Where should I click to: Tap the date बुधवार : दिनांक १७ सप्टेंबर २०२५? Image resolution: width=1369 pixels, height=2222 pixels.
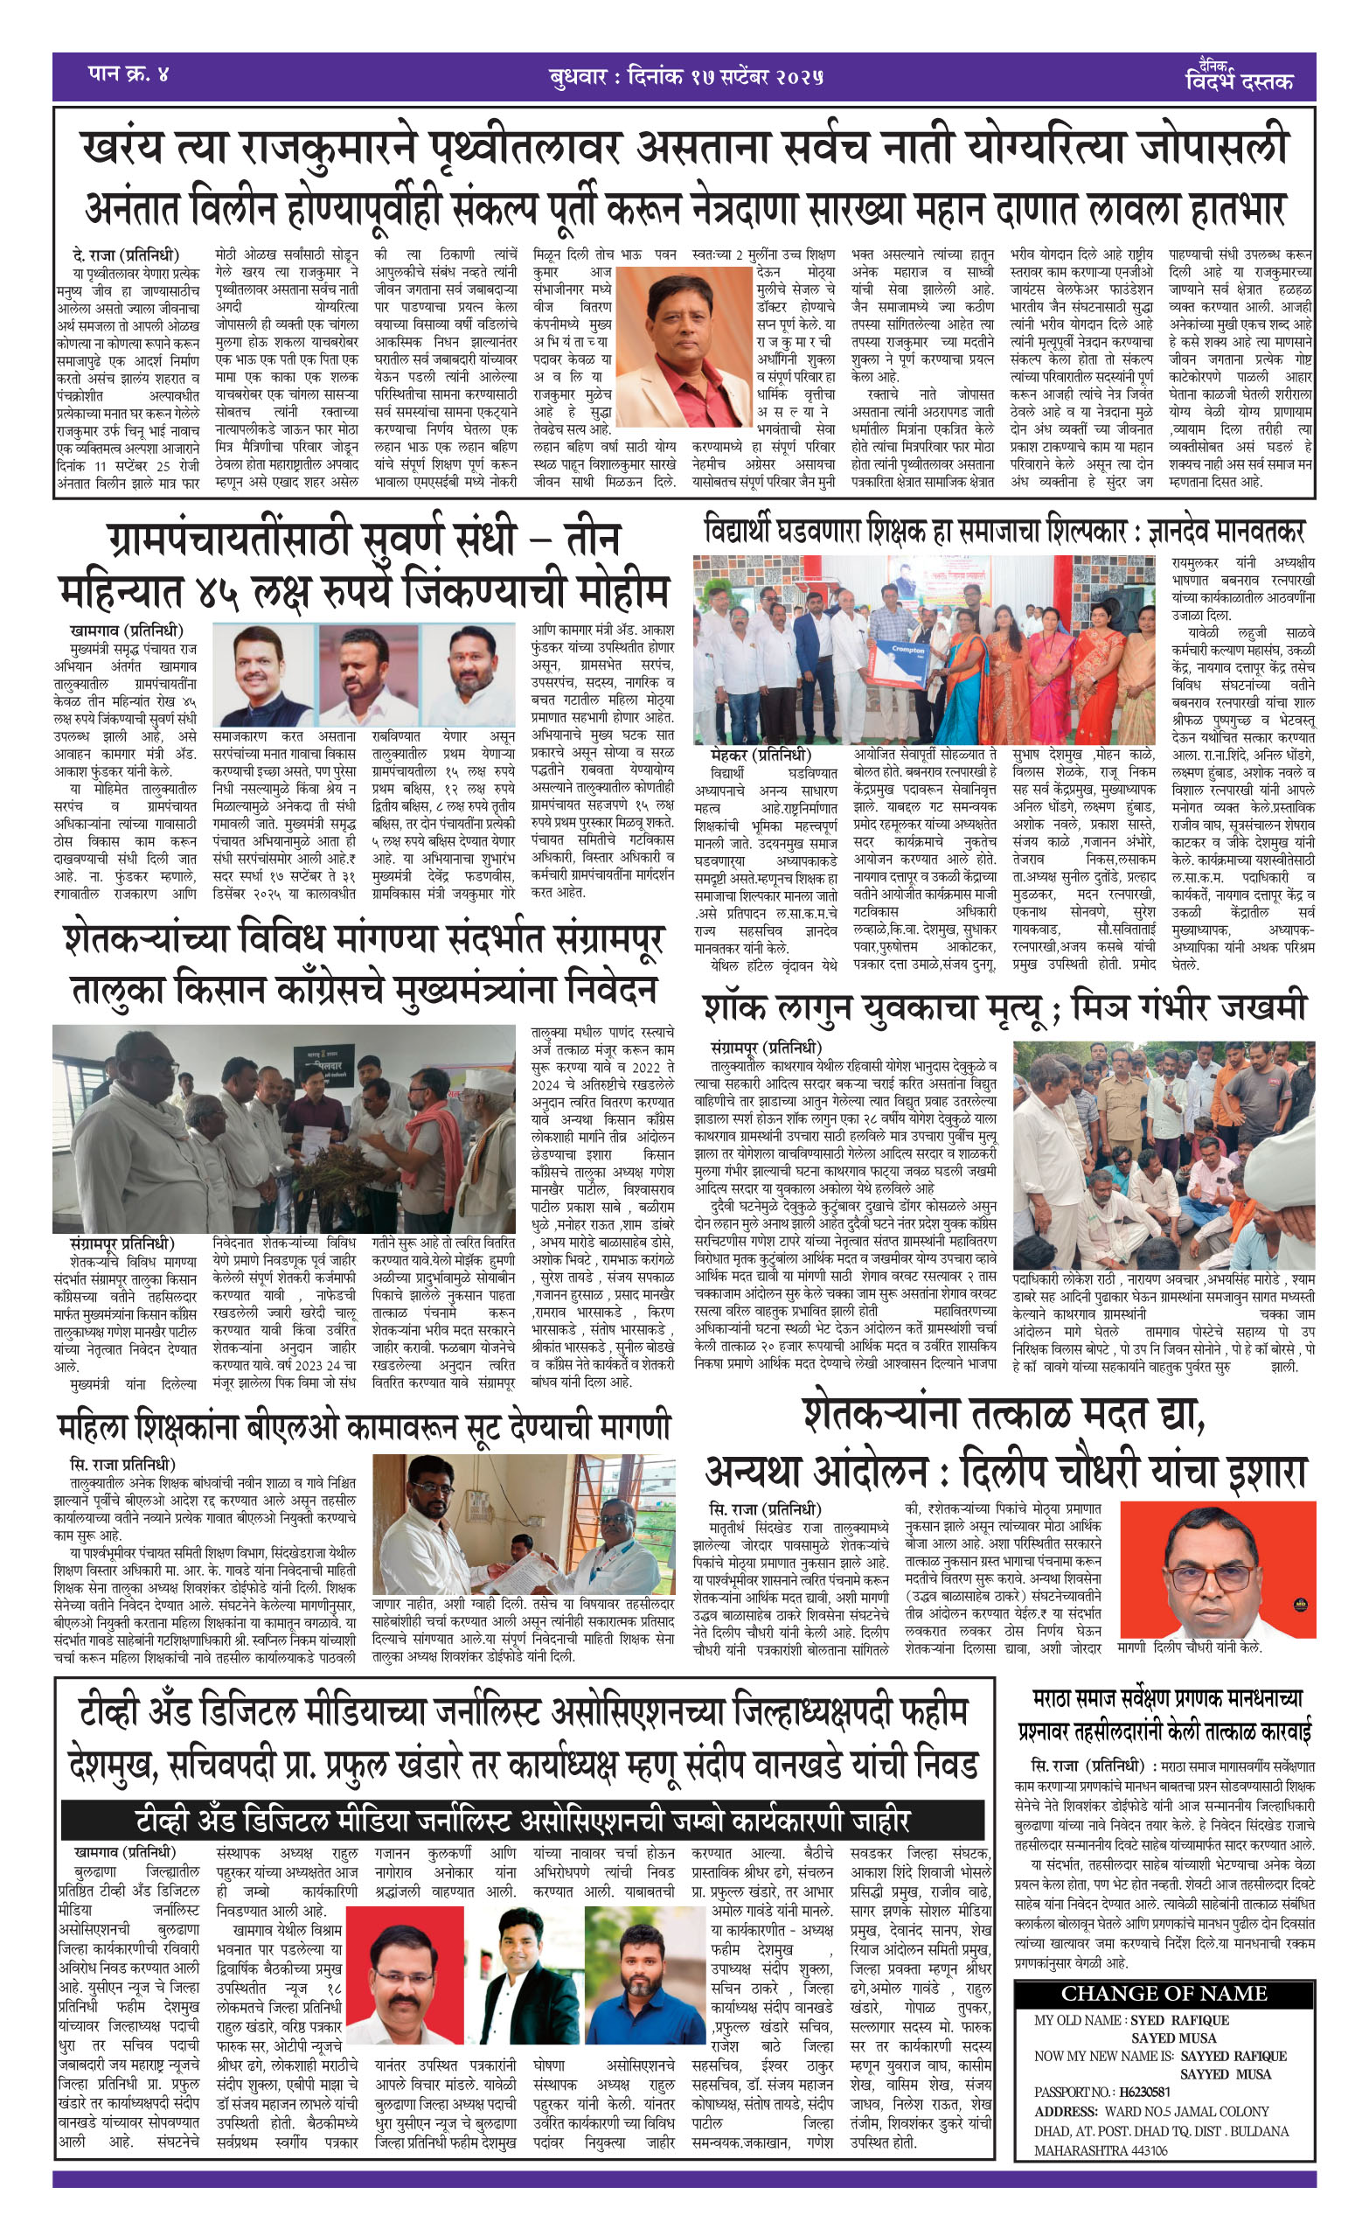click(x=685, y=77)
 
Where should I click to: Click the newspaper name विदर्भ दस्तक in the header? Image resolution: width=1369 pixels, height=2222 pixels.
click(x=1239, y=81)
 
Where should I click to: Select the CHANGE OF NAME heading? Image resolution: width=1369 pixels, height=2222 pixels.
click(x=1164, y=1993)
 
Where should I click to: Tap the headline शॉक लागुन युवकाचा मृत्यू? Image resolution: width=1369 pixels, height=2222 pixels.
click(x=1004, y=1007)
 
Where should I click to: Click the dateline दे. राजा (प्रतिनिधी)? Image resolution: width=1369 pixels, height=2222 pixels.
click(x=126, y=254)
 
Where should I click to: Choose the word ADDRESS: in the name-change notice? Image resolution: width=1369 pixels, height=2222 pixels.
click(x=1067, y=2111)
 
